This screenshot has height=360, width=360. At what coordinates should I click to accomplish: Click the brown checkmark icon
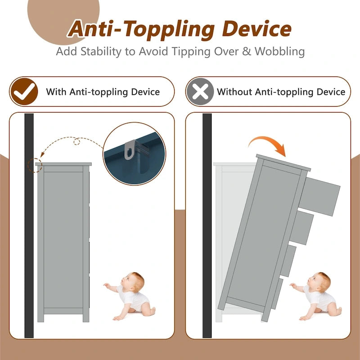tap(24, 92)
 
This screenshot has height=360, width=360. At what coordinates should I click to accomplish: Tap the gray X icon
tap(200, 92)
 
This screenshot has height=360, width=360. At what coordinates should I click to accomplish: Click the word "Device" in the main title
tap(256, 29)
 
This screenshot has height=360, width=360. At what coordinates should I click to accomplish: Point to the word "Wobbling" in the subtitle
tap(279, 51)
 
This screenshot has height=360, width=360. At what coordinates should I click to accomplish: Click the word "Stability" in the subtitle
tap(101, 51)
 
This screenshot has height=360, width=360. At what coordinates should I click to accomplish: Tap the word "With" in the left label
tap(56, 92)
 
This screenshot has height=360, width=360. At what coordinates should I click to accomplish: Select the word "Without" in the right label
tap(234, 92)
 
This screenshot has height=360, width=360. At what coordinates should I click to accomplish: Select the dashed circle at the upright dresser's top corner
tap(35, 165)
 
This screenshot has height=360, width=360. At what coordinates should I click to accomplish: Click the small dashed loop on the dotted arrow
tap(76, 142)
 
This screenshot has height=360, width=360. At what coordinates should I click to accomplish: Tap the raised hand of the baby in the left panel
tap(107, 286)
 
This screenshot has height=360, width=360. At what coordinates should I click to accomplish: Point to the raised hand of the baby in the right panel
tap(293, 286)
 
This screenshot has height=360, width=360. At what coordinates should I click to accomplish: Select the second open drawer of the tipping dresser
tap(301, 228)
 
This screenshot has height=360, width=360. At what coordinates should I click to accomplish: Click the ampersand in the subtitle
tap(247, 51)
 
